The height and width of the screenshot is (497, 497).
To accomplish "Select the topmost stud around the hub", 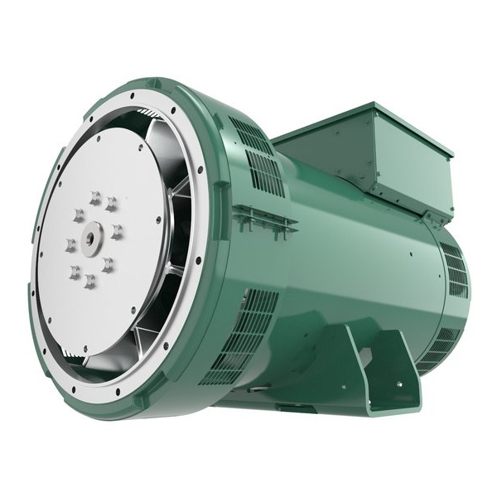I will pyautogui.click(x=95, y=197).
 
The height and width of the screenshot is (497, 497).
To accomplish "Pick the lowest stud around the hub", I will pyautogui.click(x=89, y=282).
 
